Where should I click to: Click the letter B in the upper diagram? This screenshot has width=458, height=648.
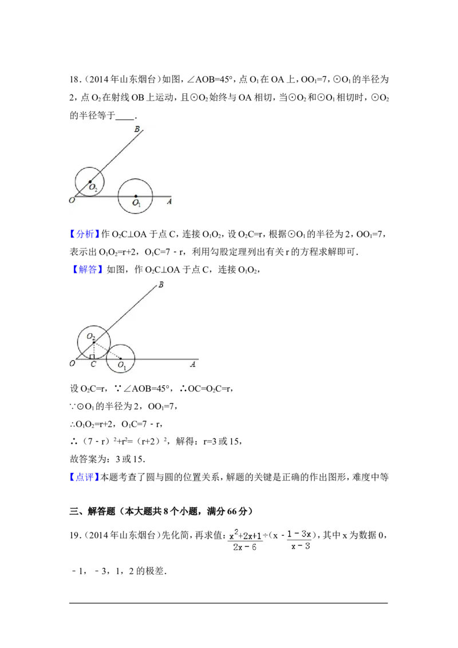[x=137, y=129]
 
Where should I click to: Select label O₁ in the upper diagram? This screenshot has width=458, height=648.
[x=136, y=203]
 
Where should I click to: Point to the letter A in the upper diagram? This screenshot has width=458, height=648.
[x=169, y=201]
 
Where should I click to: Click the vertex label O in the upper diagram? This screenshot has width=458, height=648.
[x=72, y=201]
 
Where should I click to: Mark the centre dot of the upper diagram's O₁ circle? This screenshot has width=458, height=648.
[x=136, y=196]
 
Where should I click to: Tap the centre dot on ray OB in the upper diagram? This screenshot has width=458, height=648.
[x=90, y=181]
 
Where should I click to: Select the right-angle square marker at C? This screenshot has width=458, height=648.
[x=92, y=357]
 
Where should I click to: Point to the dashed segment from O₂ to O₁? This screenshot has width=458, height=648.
[x=108, y=350]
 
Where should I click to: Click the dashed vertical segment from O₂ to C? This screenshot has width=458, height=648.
[x=94, y=349]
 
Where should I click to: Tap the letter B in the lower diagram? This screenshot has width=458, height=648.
[x=161, y=285]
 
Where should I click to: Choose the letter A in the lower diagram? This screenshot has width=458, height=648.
[x=193, y=364]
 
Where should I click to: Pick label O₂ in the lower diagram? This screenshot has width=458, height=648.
[x=90, y=337]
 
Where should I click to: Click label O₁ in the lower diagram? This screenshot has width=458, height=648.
[x=122, y=365]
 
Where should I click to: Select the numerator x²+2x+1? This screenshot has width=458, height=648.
[x=245, y=536]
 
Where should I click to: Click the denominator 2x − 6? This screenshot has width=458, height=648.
[x=245, y=547]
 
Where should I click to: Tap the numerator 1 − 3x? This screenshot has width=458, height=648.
[x=299, y=535]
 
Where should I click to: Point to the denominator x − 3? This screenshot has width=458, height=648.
[x=299, y=547]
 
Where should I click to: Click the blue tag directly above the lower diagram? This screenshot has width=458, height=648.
[x=88, y=269]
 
